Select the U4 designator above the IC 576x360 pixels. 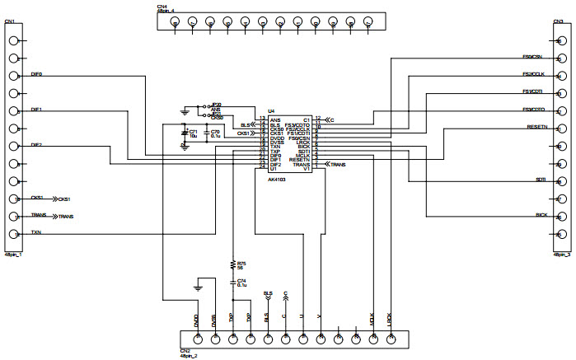[x=270, y=110]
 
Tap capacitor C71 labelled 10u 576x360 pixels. [x=191, y=132]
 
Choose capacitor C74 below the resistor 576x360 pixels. [x=241, y=282]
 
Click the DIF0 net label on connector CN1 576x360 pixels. [x=37, y=74]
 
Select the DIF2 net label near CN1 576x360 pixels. [x=37, y=144]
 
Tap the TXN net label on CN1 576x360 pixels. [x=35, y=233]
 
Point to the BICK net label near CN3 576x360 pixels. [x=541, y=214]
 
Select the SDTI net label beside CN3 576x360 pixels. [x=541, y=179]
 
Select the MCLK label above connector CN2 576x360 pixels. [x=374, y=316]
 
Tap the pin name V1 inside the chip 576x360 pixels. [x=306, y=169]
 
